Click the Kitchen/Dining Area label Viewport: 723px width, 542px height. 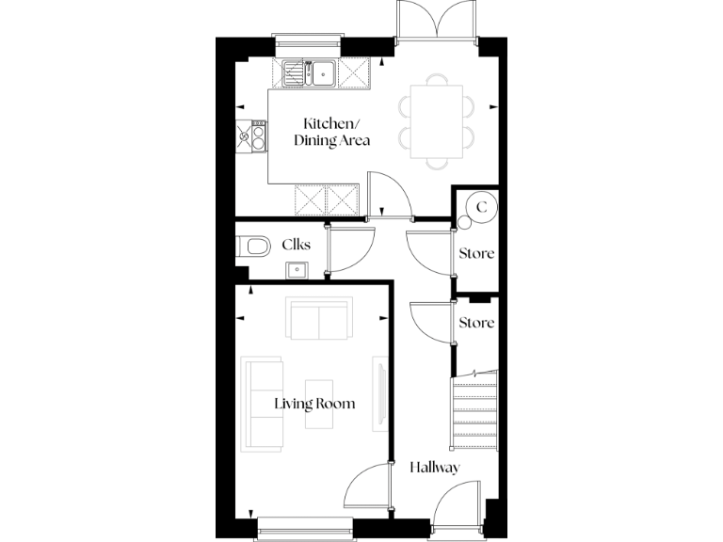[x=330, y=133]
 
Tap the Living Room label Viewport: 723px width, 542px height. [x=314, y=404]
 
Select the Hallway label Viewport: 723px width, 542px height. [x=434, y=467]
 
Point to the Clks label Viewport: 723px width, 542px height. [x=297, y=245]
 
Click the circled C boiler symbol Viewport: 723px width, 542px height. [x=481, y=206]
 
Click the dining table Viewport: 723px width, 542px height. [x=436, y=120]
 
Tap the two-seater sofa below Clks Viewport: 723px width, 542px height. [x=319, y=320]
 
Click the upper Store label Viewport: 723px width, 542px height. [x=476, y=254]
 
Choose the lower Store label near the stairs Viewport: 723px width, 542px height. [x=476, y=323]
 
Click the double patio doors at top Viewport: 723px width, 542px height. [x=437, y=21]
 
